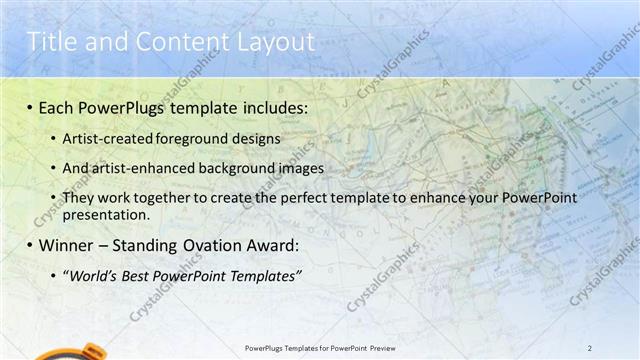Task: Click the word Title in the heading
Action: (x=47, y=41)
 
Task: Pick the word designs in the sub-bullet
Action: (x=258, y=138)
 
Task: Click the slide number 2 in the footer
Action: (x=590, y=347)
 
